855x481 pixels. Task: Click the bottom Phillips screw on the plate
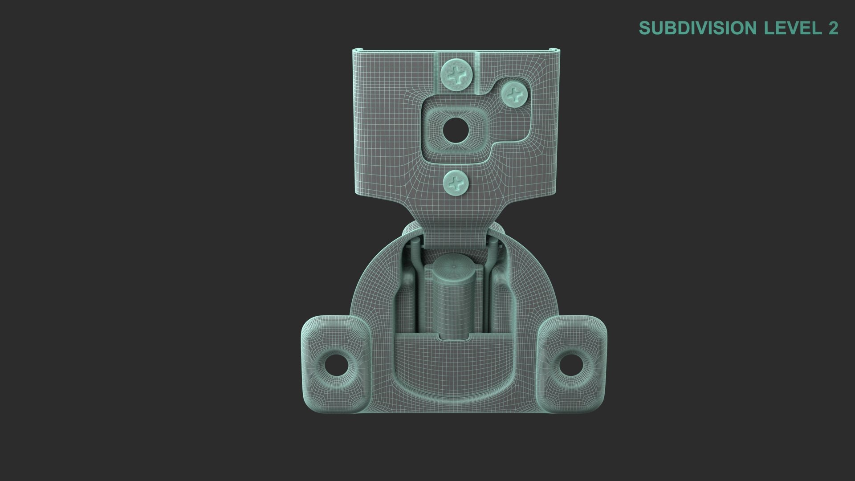456,182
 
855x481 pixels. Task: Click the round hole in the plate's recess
456,130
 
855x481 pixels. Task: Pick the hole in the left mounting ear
336,365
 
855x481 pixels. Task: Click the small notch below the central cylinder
454,337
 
